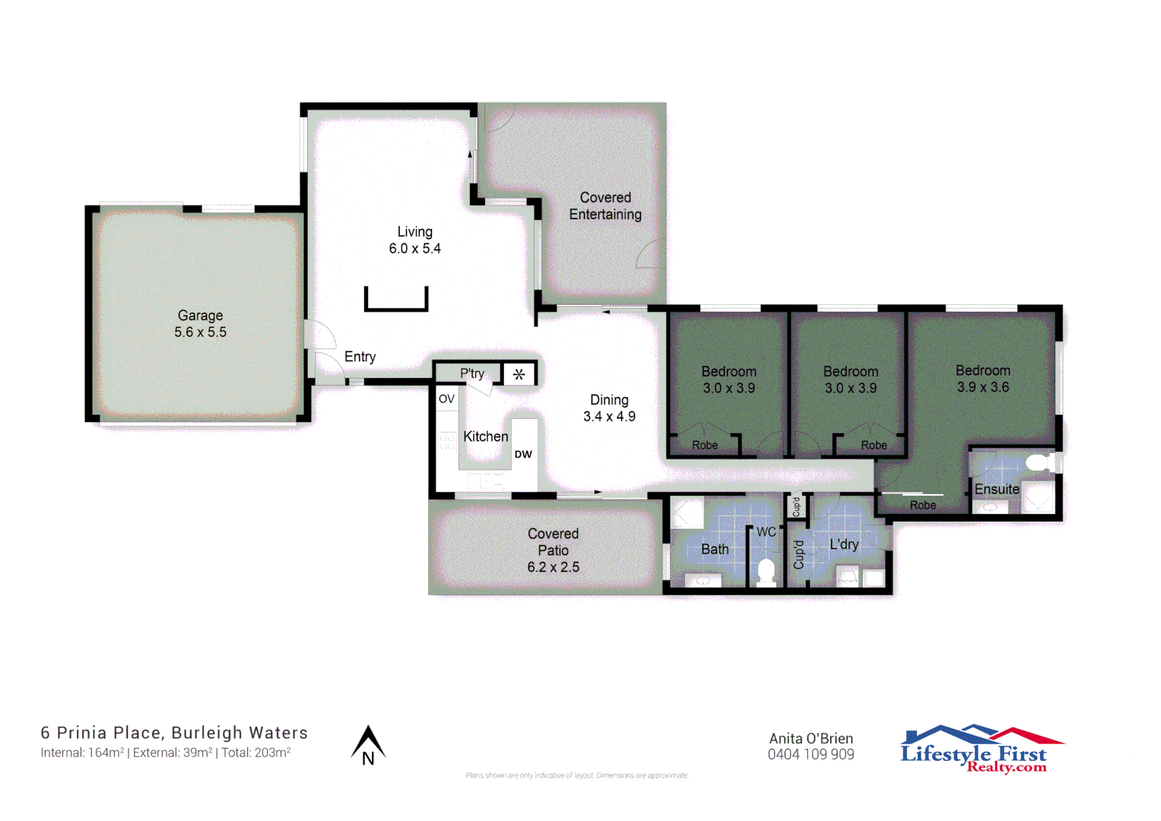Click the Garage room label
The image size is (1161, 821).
(200, 315)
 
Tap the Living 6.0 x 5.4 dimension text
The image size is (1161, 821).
(414, 249)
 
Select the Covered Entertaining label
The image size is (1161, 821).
(605, 206)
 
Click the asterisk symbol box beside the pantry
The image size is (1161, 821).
(519, 374)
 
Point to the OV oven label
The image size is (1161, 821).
(446, 399)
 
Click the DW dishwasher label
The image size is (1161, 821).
(523, 455)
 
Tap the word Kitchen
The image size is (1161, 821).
(485, 436)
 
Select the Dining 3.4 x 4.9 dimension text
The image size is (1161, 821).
(609, 417)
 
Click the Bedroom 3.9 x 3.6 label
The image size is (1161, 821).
(982, 379)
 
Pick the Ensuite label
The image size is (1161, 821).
(996, 490)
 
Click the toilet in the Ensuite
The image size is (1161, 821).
(1039, 462)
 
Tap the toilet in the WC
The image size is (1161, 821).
(766, 570)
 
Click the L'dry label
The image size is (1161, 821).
(844, 544)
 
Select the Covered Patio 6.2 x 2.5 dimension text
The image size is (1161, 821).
(553, 567)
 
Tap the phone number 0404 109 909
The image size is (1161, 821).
(810, 755)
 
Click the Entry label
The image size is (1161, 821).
(360, 357)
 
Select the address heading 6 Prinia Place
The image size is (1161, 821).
(174, 733)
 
